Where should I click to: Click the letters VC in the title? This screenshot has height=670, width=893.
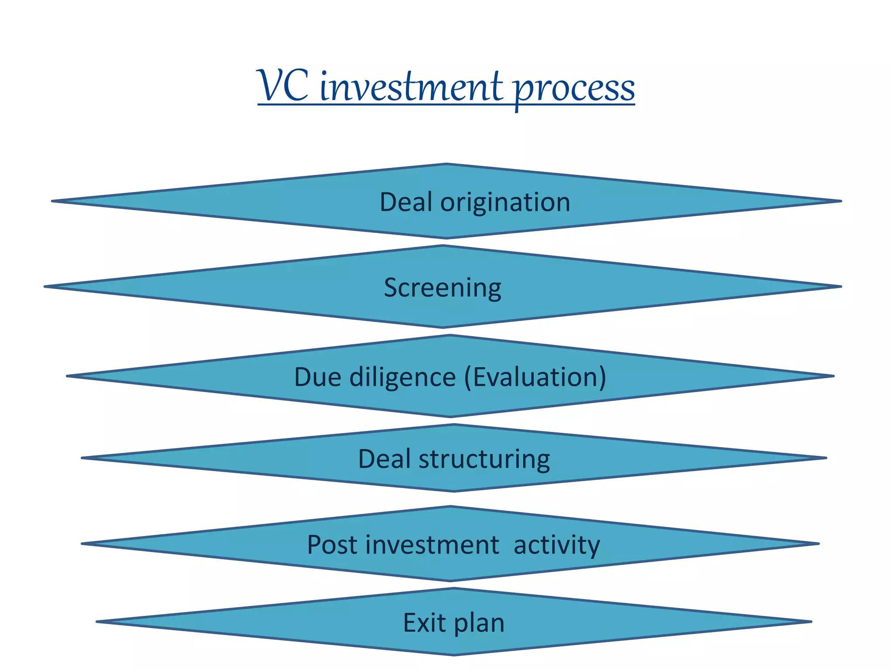pos(283,86)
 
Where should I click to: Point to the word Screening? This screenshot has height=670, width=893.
pos(442,288)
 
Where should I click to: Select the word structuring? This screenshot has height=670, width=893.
pos(484,459)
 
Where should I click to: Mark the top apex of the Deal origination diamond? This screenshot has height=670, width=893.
pos(446,165)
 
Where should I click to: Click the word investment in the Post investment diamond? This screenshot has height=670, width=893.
pos(432,545)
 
